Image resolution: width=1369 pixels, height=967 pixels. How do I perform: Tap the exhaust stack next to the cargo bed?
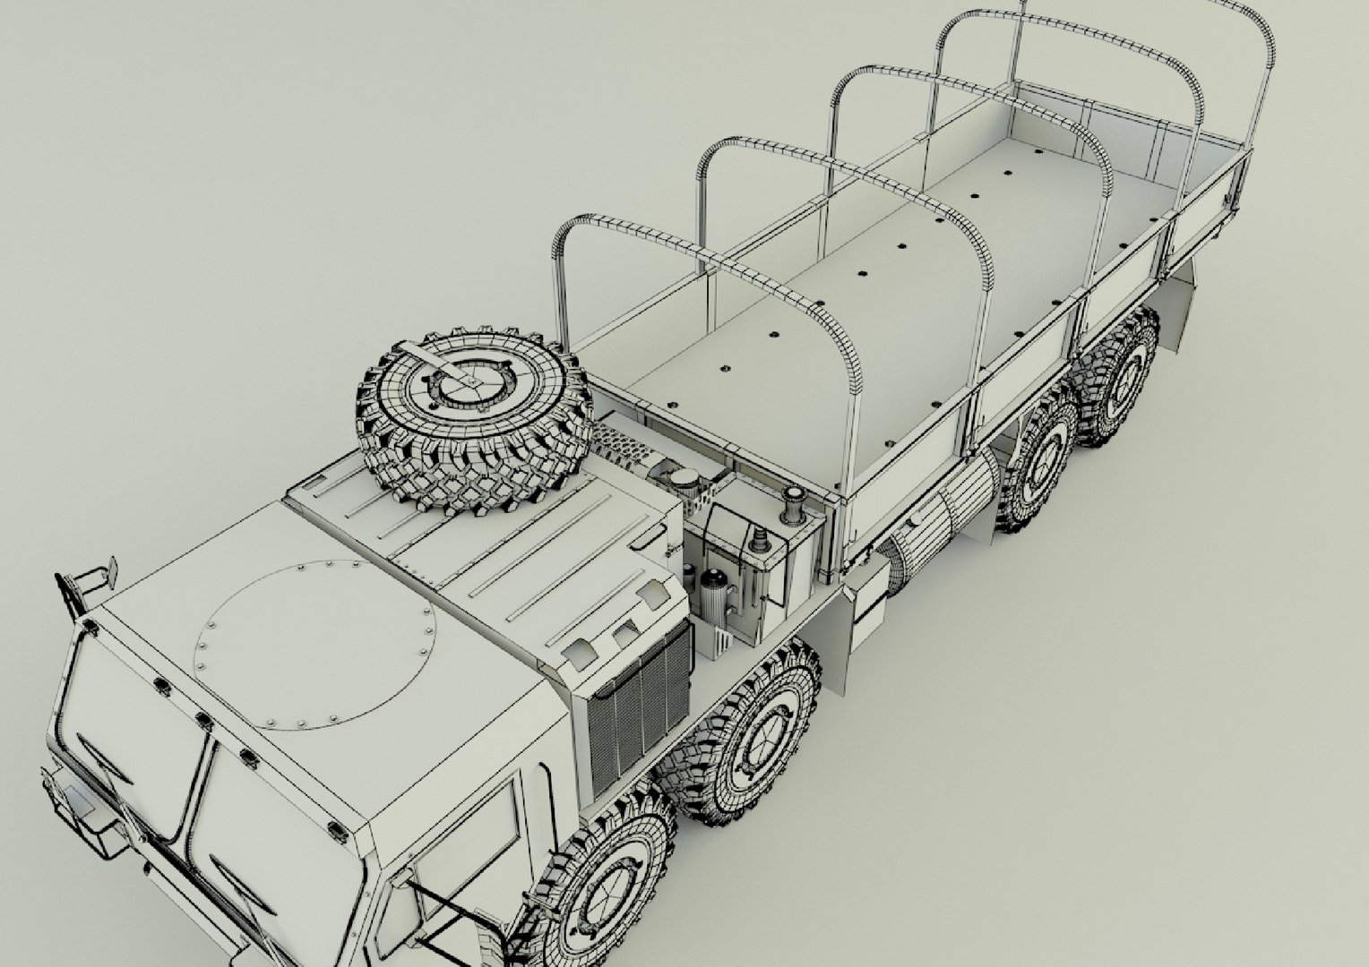(793, 507)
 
